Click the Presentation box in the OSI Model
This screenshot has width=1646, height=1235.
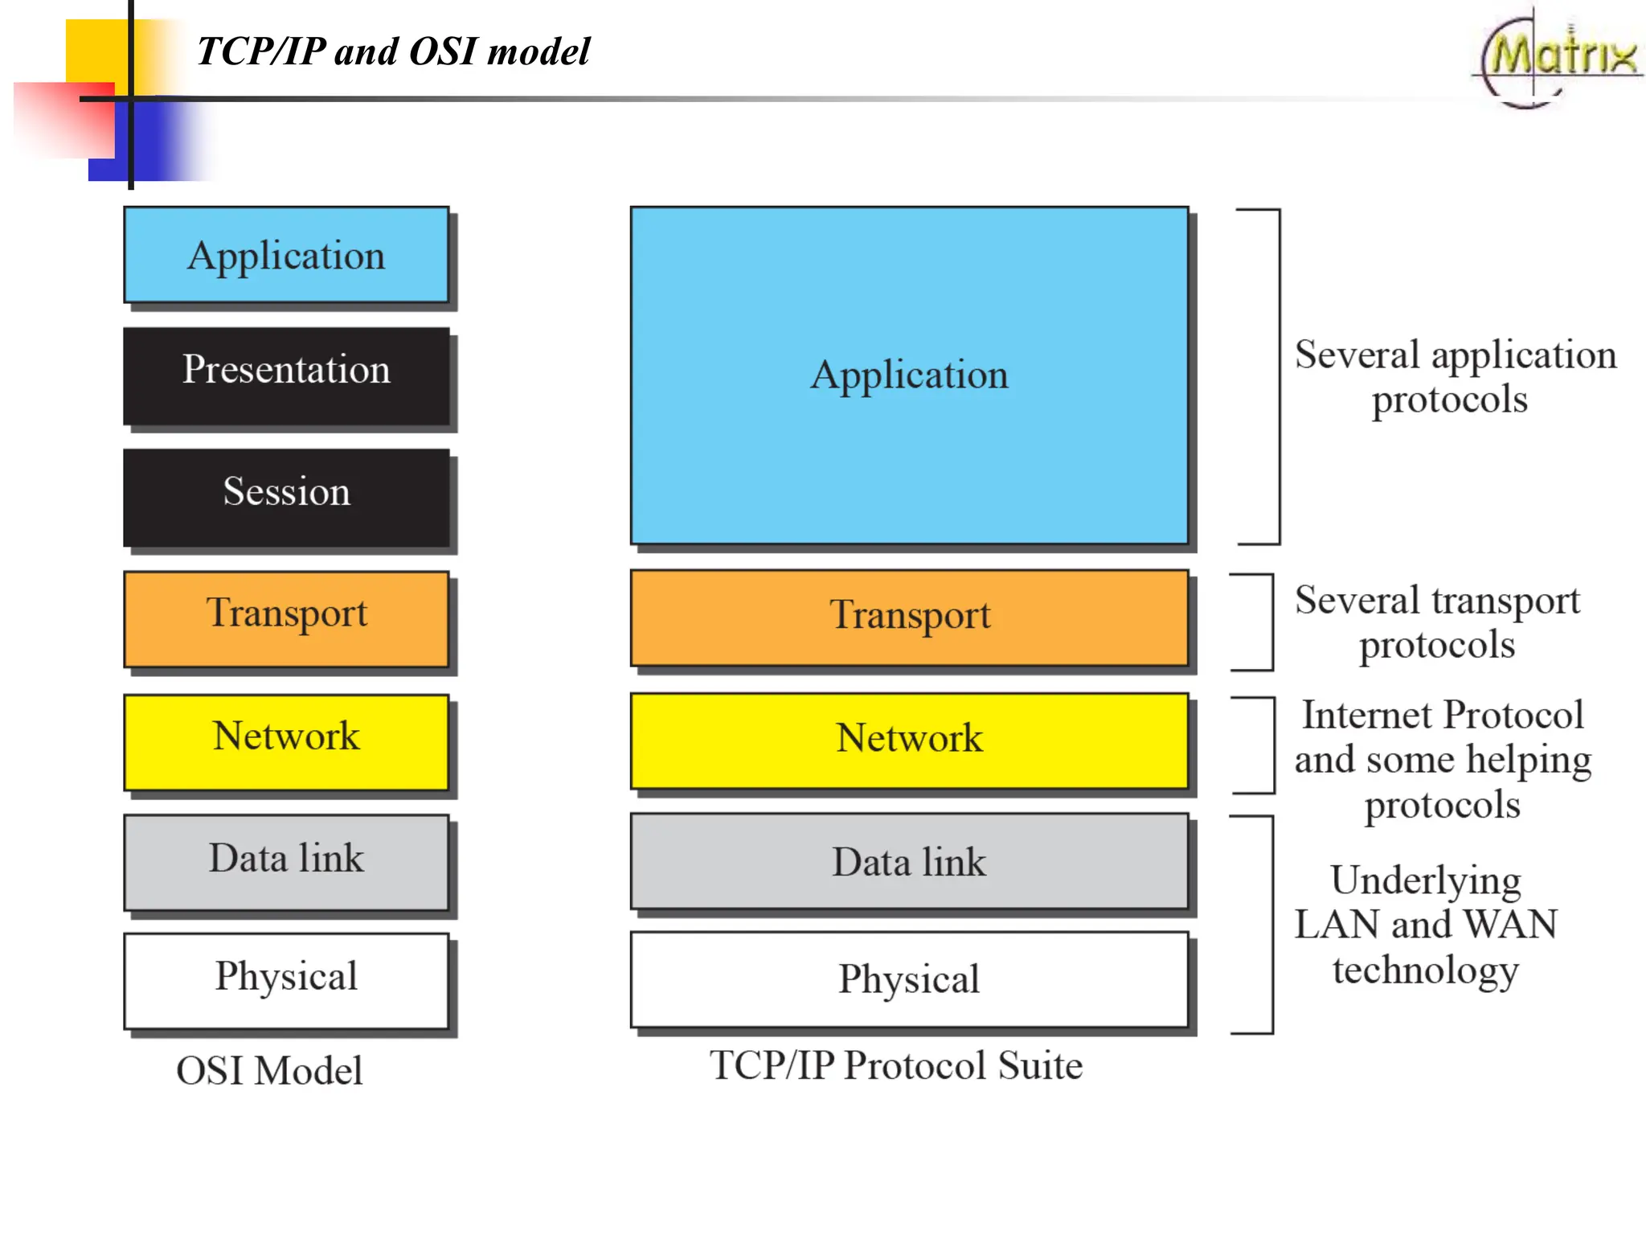[x=286, y=375]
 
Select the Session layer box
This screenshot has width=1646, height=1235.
[x=286, y=497]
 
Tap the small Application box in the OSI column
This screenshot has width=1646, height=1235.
[x=286, y=255]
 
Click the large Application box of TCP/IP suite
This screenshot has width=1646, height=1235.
[x=909, y=375]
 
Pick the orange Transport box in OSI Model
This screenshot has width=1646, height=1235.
[x=286, y=618]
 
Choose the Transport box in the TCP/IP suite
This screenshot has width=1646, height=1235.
[x=909, y=617]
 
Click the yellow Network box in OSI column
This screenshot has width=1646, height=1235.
[x=286, y=741]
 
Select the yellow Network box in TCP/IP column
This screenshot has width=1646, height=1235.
[x=909, y=741]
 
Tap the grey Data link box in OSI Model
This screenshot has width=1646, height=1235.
[x=286, y=862]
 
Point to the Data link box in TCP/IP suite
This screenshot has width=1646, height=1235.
[x=909, y=861]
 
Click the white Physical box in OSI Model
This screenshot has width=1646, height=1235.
[x=286, y=980]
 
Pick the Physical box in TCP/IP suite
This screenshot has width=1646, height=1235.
[x=909, y=979]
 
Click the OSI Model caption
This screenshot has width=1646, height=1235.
[x=269, y=1071]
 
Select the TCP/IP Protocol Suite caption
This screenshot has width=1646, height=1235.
[x=896, y=1065]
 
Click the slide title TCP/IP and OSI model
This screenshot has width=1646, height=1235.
[x=393, y=51]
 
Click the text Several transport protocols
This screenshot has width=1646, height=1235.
[x=1437, y=622]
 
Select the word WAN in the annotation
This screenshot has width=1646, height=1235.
[x=1511, y=924]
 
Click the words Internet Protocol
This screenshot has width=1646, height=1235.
[x=1443, y=715]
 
